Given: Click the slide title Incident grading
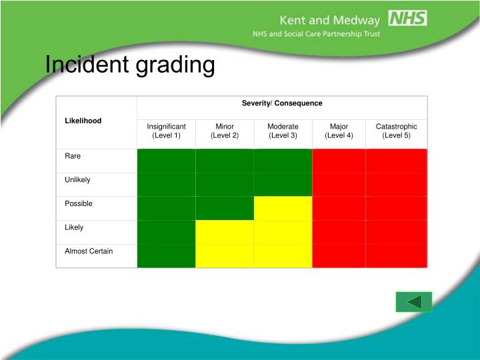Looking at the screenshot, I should click(x=130, y=65).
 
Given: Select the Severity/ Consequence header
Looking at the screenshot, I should click(x=281, y=103).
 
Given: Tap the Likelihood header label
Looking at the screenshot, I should click(x=83, y=121).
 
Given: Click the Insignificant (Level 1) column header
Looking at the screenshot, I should click(x=166, y=131).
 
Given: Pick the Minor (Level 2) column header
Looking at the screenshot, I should click(x=225, y=131).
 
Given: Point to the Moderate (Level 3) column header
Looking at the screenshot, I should click(x=283, y=131).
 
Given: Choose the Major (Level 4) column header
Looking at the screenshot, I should click(x=339, y=131).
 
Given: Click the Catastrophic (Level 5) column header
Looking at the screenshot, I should click(x=396, y=131).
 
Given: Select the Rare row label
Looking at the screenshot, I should click(x=73, y=156).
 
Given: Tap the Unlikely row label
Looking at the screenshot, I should click(x=77, y=180).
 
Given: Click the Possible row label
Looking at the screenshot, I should click(x=78, y=203).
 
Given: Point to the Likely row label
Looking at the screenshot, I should click(x=74, y=227).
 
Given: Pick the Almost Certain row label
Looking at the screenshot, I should click(x=89, y=251).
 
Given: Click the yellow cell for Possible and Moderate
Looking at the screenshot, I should click(x=283, y=208).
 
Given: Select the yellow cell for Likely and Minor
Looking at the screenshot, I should click(x=225, y=232).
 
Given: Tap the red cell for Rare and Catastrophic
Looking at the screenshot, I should click(x=396, y=161).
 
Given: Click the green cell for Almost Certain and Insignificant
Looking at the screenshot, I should click(x=166, y=255).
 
